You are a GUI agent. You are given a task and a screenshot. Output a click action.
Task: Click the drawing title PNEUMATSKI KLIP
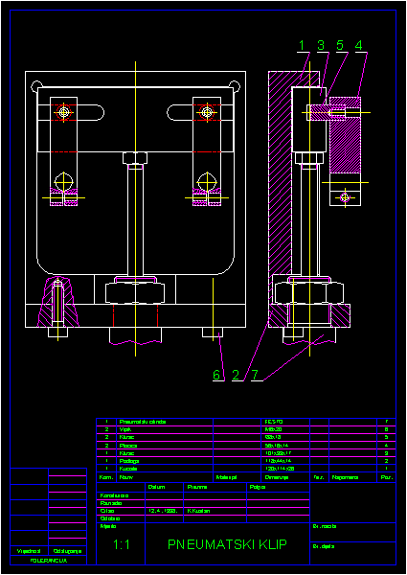coord(227,544)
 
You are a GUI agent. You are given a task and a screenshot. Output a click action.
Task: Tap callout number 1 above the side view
coord(301,45)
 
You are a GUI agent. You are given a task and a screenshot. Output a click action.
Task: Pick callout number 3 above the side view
coord(321,45)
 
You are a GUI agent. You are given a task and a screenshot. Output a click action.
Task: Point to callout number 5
coord(340,45)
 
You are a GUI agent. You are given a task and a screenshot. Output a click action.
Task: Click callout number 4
coord(359,45)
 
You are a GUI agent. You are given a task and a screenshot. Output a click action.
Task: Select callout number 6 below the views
coord(217,374)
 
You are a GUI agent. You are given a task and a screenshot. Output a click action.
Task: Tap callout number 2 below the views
coord(237,374)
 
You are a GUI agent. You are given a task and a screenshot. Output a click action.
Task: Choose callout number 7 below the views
coord(256,374)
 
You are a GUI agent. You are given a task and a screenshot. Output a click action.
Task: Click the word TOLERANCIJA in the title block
coord(48,560)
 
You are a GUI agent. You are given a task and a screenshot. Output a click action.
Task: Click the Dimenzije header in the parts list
coord(278,476)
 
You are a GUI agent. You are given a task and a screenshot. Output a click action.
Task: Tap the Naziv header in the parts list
coord(126,476)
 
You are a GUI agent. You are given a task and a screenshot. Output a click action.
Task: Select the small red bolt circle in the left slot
coord(64,112)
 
